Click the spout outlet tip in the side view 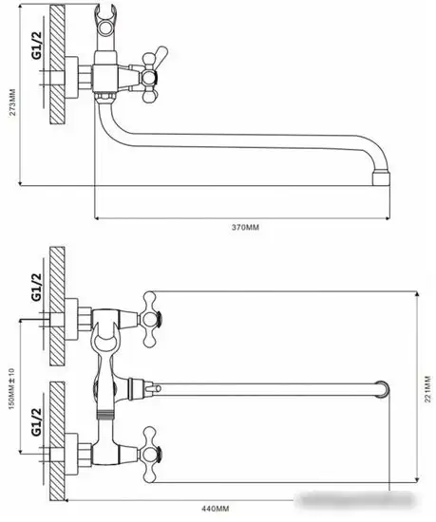[x=382, y=177]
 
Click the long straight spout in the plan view [x=266, y=387]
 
